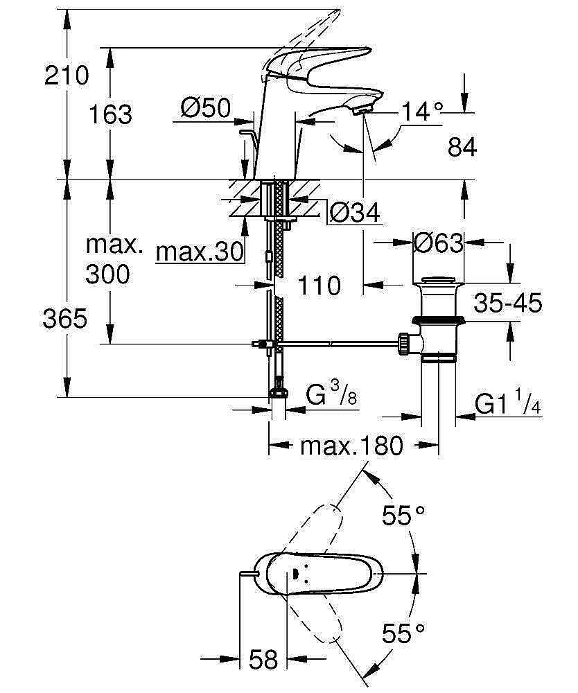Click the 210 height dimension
67,75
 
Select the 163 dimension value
110,114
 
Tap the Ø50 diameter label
205,109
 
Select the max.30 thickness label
200,253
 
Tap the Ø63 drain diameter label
438,243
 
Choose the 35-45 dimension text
508,304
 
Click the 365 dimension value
65,319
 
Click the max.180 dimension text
351,446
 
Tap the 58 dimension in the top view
263,658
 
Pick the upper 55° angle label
403,516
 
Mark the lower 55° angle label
403,632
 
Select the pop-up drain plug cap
438,281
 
